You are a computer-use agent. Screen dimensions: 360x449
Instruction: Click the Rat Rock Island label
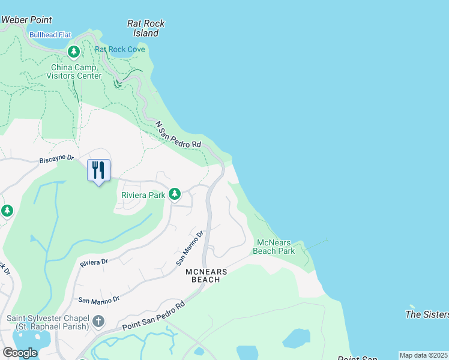point(146,28)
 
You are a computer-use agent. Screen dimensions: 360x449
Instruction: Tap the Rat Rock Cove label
point(120,49)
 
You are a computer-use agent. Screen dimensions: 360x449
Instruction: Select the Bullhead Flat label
point(49,35)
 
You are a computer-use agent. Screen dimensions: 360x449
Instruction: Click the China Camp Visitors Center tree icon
point(74,52)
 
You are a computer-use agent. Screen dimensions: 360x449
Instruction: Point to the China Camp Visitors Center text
point(73,71)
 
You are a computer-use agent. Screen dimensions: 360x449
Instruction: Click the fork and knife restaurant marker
point(99,170)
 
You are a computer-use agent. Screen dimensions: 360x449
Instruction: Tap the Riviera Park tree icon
point(175,194)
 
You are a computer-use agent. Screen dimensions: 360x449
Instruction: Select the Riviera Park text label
point(143,195)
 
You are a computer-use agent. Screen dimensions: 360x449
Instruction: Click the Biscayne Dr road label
point(56,159)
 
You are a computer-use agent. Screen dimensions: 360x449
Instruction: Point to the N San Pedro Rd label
point(178,136)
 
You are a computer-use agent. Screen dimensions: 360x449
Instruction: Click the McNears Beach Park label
point(276,247)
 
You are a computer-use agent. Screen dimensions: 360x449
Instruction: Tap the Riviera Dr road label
point(94,262)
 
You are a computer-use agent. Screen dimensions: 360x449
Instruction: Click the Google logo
point(20,353)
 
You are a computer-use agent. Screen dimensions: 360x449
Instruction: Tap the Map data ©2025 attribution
point(423,355)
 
